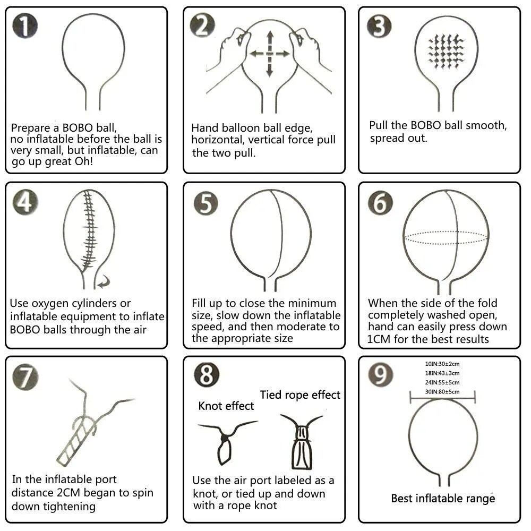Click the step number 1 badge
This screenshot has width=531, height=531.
coord(25,26)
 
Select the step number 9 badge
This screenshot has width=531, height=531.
coord(381,374)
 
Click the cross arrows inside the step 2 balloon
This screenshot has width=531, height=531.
coord(270,54)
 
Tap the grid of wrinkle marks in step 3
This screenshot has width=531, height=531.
coord(446,52)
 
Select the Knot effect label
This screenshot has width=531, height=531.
coord(226,406)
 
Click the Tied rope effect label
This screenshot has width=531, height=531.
coord(300,395)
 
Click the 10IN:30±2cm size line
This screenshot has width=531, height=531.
coord(442,364)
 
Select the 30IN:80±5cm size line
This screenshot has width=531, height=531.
coord(442,391)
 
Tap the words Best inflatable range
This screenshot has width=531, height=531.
coord(443,498)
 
